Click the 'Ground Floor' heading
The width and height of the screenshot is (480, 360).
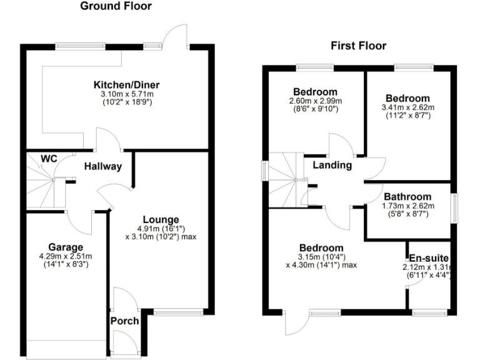[x=116, y=7]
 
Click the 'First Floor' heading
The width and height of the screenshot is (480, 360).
[x=358, y=46]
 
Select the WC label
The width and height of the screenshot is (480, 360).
[x=49, y=159]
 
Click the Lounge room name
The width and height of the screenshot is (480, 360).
[x=161, y=219]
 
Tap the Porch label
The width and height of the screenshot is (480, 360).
[x=124, y=321]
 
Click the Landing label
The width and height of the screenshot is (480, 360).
[x=332, y=165]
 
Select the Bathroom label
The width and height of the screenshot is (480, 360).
[x=407, y=196]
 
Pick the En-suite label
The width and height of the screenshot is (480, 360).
[x=429, y=258]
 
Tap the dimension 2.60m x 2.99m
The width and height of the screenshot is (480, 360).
[x=315, y=101]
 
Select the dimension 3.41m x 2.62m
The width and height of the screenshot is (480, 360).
[x=407, y=107]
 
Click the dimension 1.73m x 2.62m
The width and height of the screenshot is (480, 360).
[x=407, y=206]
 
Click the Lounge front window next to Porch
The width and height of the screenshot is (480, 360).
[x=179, y=311]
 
